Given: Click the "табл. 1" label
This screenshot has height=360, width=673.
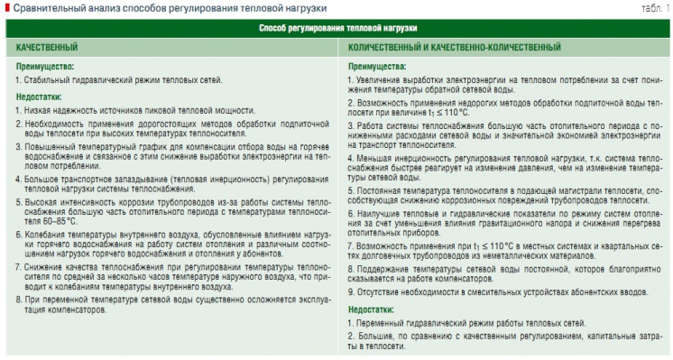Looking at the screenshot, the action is pyautogui.click(x=655, y=9).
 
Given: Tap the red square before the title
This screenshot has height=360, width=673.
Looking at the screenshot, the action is pyautogui.click(x=6, y=9).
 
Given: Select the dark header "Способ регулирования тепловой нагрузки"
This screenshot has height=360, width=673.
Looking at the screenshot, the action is pyautogui.click(x=336, y=28).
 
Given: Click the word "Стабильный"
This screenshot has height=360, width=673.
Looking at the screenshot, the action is pyautogui.click(x=47, y=80).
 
